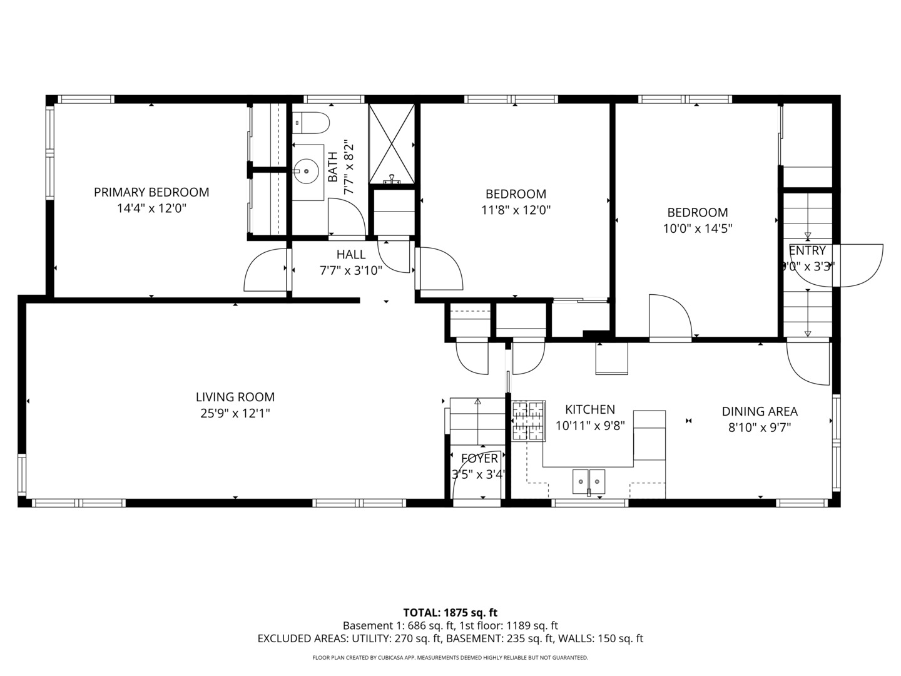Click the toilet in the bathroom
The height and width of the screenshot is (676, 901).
[312, 123]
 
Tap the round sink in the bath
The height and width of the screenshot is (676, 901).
[306, 171]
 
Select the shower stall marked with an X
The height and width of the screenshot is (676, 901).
[392, 144]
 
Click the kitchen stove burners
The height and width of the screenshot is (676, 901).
[528, 421]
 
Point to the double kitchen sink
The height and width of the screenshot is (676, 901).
[589, 482]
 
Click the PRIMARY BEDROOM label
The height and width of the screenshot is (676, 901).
[151, 192]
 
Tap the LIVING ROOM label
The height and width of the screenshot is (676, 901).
[235, 397]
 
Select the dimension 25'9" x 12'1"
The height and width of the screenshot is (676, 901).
[235, 413]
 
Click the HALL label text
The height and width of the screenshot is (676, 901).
[351, 255]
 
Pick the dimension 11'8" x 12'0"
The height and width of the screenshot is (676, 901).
[516, 210]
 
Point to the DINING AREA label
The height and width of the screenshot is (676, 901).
[760, 411]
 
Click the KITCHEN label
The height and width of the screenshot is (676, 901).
[590, 409]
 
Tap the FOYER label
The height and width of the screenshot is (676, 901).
[479, 458]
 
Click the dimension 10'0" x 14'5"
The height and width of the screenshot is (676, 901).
[698, 228]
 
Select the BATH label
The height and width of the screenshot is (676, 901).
[333, 167]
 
